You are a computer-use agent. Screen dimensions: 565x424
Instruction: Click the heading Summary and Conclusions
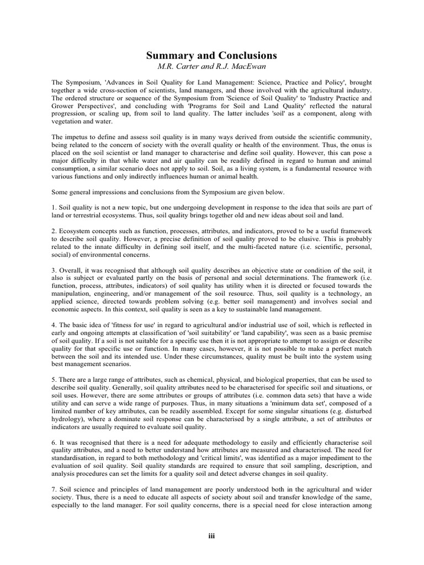pyautogui.click(x=211, y=56)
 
